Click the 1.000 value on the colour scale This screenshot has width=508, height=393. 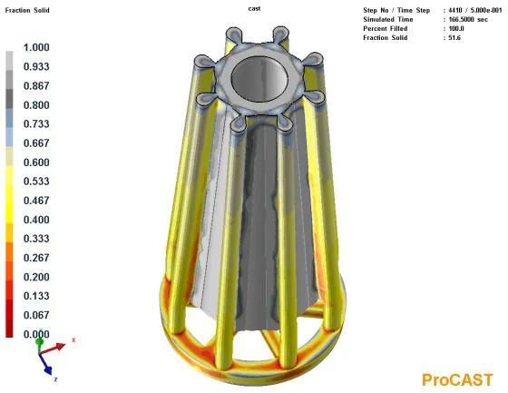tap(36, 47)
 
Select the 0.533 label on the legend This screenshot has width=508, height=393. tap(36, 181)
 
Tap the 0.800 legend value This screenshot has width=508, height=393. tap(36, 105)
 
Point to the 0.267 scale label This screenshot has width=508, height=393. tap(36, 258)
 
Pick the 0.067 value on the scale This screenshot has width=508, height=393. tap(36, 315)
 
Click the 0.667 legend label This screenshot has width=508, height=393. tap(36, 143)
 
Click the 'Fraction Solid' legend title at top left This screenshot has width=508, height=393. tap(27, 10)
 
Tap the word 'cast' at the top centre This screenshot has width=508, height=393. tap(254, 9)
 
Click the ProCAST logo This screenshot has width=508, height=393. tap(457, 379)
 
